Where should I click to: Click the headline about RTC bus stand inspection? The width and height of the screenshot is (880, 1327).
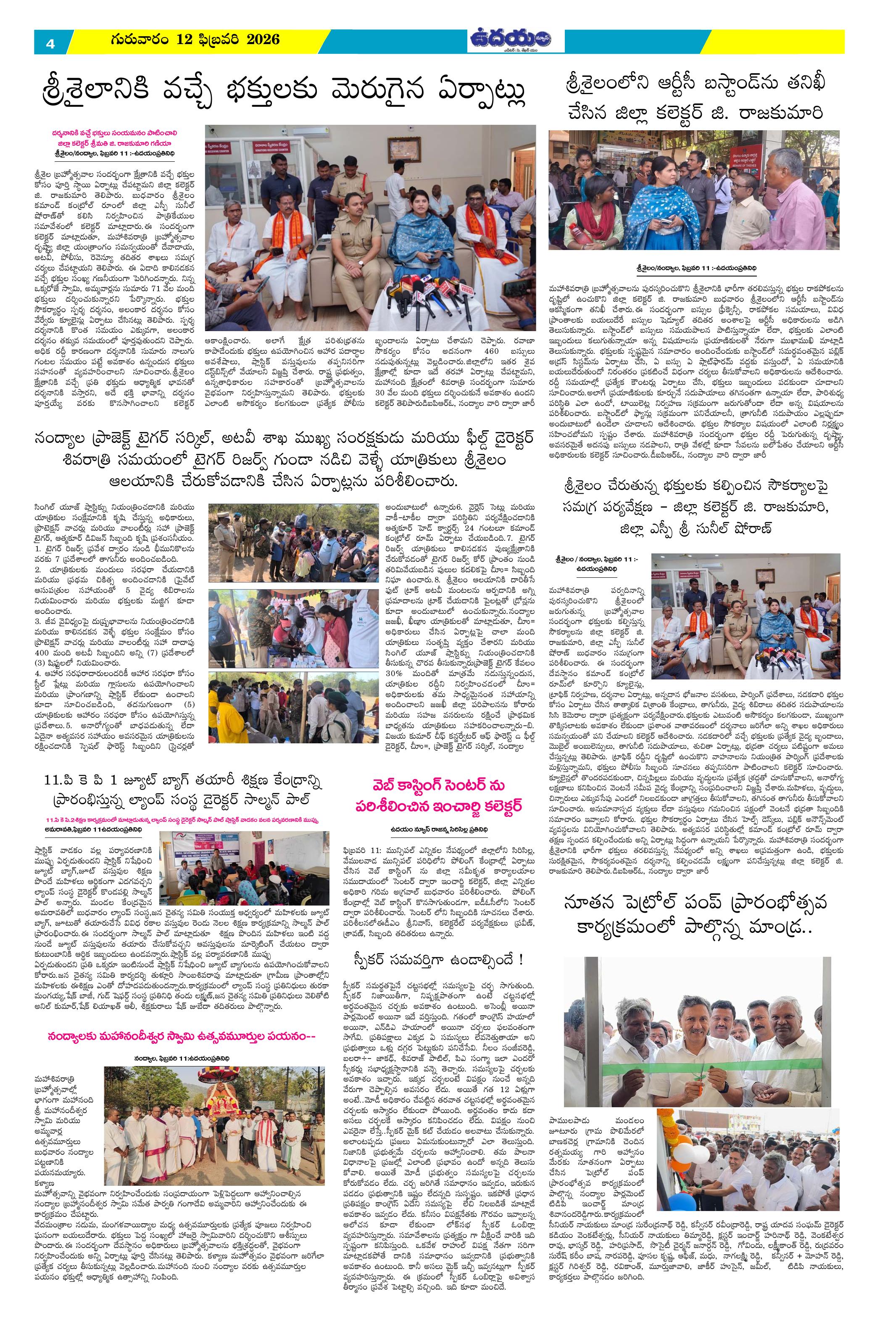[695, 99]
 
